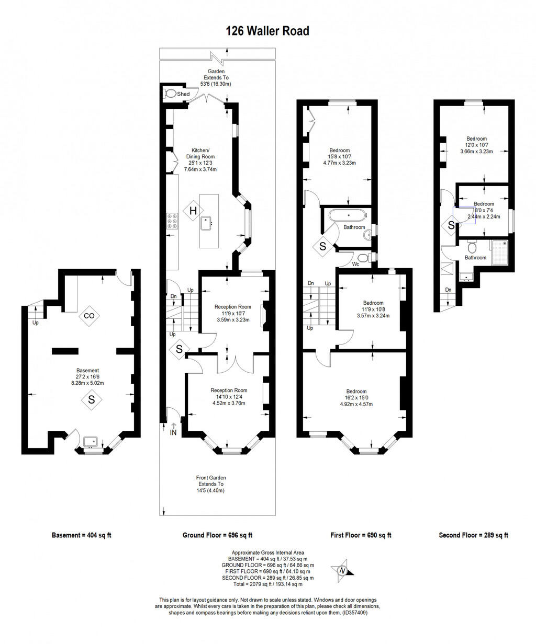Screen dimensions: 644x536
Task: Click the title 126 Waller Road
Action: pos(267,31)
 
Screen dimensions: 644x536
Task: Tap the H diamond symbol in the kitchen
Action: pos(193,211)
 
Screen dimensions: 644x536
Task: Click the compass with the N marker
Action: pos(342,571)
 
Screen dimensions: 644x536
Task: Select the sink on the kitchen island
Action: pos(207,222)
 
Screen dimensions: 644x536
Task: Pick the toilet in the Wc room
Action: pos(363,257)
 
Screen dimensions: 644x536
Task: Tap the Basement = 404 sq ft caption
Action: pos(82,535)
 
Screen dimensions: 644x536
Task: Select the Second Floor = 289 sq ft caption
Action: pos(474,535)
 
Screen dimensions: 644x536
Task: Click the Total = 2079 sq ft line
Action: pos(267,584)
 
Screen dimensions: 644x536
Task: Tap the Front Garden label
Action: pos(210,478)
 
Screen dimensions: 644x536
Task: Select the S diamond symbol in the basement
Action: pos(92,400)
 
